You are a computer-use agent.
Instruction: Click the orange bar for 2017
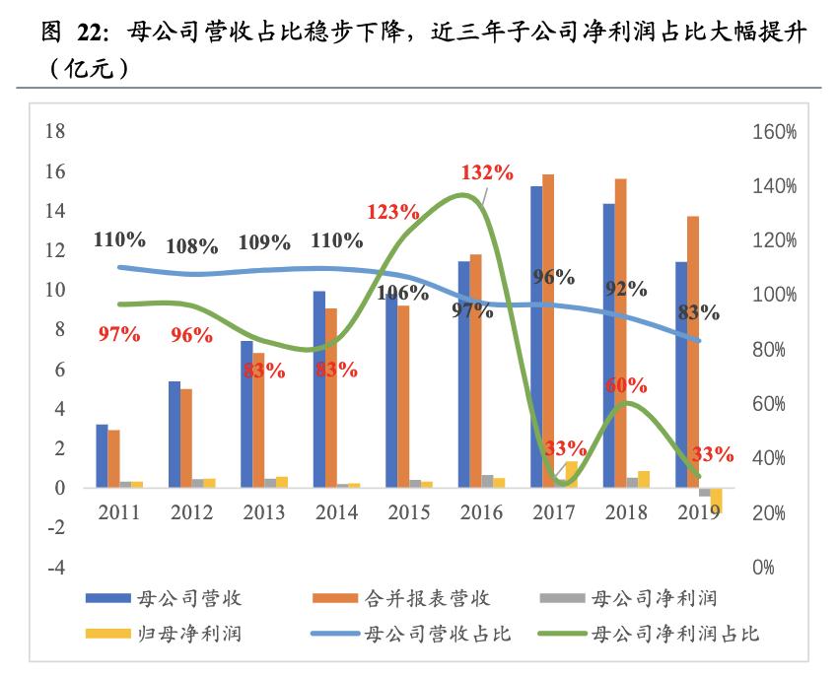(548, 330)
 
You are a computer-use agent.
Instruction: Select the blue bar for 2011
(102, 455)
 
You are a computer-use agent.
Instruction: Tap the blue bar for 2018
(608, 345)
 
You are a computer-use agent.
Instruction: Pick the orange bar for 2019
(693, 351)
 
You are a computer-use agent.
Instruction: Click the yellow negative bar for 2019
(716, 500)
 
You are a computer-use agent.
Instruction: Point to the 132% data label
(487, 172)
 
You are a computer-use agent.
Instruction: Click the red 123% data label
(393, 211)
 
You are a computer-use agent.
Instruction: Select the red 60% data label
(625, 384)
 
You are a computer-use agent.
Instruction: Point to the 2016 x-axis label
(480, 513)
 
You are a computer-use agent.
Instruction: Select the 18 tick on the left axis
(56, 132)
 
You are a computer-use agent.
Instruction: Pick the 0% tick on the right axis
(763, 568)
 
